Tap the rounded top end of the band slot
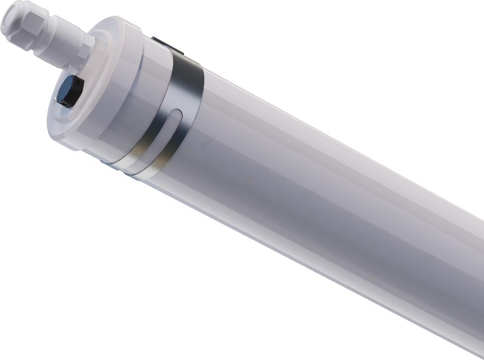point(176,112)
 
